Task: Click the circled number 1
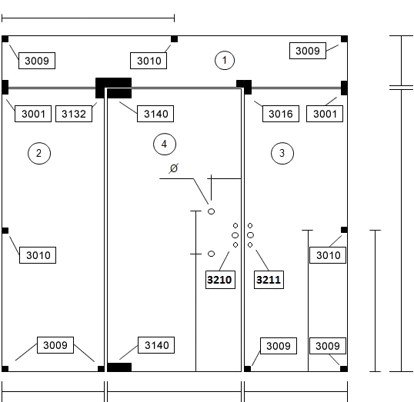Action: pos(225,60)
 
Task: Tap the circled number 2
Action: pos(39,153)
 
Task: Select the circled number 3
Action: pos(282,153)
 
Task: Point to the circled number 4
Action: pos(165,145)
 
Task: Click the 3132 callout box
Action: pos(74,114)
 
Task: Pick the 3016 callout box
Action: pos(281,114)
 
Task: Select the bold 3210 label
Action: pos(220,280)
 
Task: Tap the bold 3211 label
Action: pos(269,280)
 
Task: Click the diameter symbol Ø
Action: pos(174,168)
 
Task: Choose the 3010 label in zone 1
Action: pos(149,61)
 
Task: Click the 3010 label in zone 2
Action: pos(38,255)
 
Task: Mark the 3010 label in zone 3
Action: pos(328,255)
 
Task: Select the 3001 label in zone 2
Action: pos(33,114)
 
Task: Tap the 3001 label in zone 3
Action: pos(325,114)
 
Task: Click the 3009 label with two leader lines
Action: pos(55,345)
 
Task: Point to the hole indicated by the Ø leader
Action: pos(211,211)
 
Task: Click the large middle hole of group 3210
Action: pos(235,235)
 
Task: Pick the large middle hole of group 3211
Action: pos(250,234)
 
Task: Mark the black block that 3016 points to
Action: pos(244,87)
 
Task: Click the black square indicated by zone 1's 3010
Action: pos(174,39)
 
